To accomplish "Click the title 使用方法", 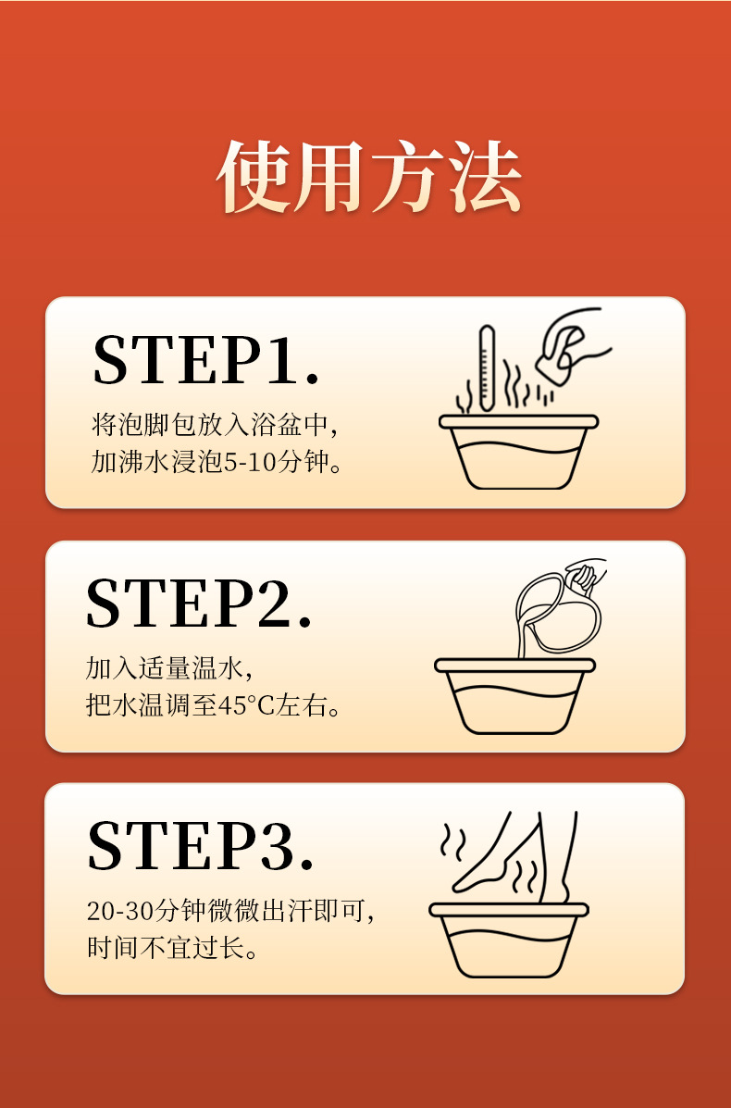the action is click(x=368, y=177).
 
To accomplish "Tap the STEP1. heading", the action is click(x=205, y=359).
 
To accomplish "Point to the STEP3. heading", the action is click(x=200, y=845).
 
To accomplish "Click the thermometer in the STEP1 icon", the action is click(x=487, y=368).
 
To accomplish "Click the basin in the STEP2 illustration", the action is click(x=514, y=696).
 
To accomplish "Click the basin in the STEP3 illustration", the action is click(x=509, y=940).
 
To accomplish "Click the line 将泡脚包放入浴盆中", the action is click(x=210, y=425).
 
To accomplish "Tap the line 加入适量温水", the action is click(x=165, y=667).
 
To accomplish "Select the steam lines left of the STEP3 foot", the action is click(x=452, y=840).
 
